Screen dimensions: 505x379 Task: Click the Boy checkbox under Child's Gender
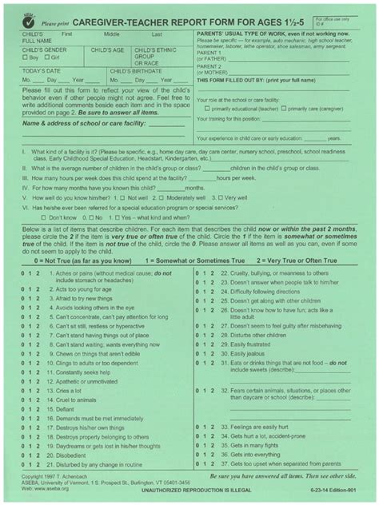(x=25, y=58)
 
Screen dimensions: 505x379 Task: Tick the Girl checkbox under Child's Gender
(x=47, y=58)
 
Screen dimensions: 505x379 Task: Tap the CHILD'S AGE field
(x=108, y=58)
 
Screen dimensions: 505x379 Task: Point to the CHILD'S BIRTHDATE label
(x=137, y=71)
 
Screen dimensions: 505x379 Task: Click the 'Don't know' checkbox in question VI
(x=43, y=217)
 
